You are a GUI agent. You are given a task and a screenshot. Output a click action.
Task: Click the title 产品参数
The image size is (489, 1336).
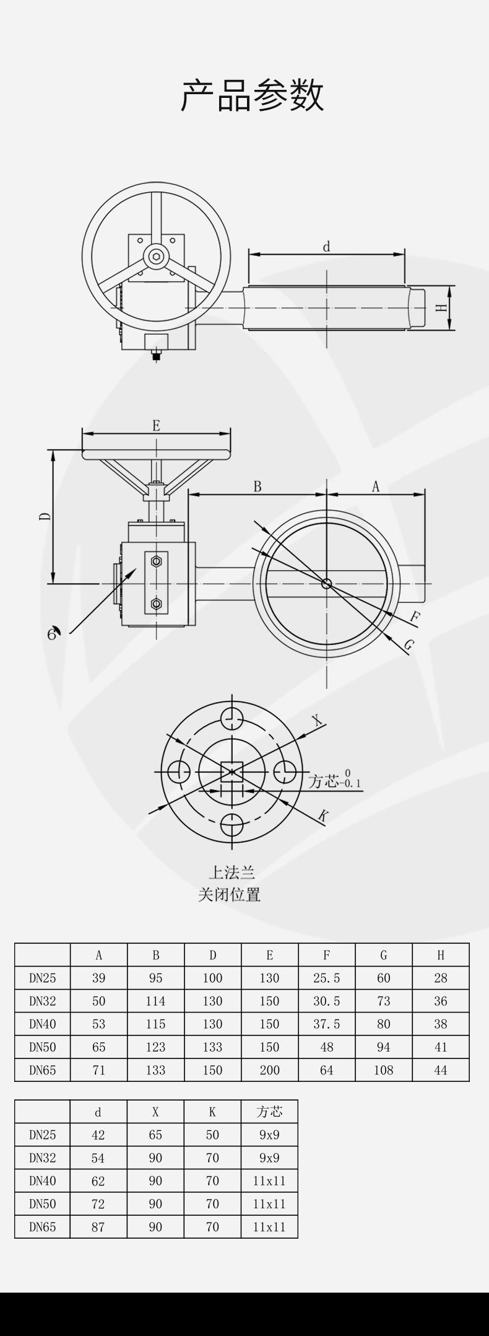click(253, 95)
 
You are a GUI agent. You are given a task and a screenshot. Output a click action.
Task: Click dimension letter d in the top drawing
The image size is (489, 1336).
click(326, 247)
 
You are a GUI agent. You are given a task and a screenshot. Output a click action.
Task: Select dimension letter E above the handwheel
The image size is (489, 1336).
click(156, 425)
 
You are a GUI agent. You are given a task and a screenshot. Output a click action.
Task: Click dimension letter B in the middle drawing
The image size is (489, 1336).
click(257, 486)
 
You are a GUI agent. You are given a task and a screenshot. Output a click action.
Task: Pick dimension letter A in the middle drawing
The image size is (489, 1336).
click(375, 486)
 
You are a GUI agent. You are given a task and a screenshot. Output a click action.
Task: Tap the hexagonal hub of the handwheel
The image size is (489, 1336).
click(156, 256)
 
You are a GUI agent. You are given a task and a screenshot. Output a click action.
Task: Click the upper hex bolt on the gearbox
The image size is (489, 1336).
click(156, 561)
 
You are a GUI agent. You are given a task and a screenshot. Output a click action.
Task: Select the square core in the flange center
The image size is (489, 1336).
click(232, 771)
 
